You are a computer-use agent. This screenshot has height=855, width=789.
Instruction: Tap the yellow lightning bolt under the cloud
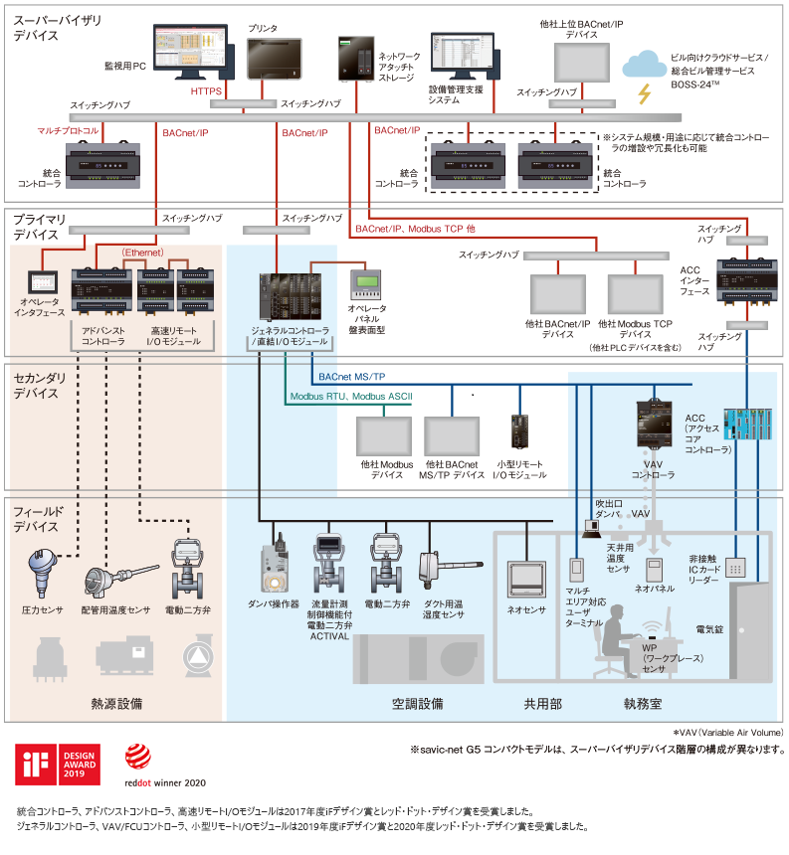click(645, 93)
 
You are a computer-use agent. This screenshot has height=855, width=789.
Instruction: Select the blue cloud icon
click(643, 65)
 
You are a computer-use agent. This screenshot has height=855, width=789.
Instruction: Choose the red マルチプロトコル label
click(68, 130)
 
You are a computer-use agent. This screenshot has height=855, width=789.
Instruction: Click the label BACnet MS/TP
click(353, 376)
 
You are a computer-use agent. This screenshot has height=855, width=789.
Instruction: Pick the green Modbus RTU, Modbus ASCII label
click(350, 397)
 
